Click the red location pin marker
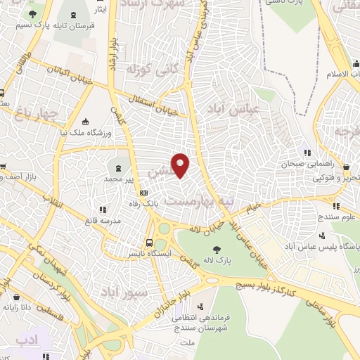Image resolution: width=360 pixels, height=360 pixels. pyautogui.click(x=181, y=165)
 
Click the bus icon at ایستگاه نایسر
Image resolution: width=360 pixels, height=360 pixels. pyautogui.click(x=148, y=238)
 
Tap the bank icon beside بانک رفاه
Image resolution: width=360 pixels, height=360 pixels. pyautogui.click(x=144, y=192)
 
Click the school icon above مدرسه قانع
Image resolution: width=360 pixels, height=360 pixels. pyautogui.click(x=103, y=209)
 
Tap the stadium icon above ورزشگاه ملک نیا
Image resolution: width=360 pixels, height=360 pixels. pyautogui.click(x=86, y=120)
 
